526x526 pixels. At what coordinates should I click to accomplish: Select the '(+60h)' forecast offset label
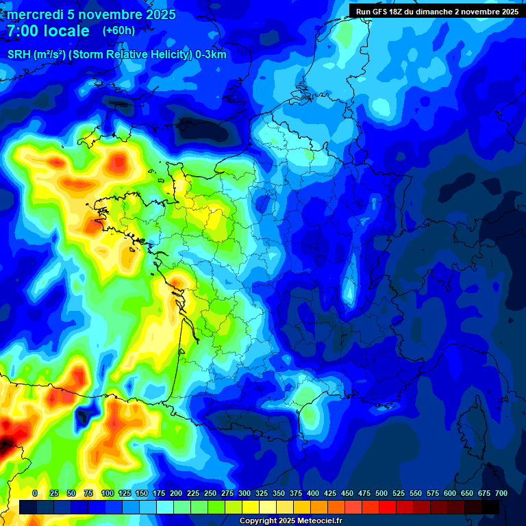click(118, 31)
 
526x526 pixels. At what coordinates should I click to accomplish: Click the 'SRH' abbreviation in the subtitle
click(18, 55)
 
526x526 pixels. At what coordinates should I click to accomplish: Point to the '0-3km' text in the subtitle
click(211, 55)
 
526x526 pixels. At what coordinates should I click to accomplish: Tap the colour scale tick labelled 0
click(35, 493)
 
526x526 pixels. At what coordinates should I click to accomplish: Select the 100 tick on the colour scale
click(108, 493)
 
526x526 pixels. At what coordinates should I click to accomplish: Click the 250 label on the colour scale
click(210, 493)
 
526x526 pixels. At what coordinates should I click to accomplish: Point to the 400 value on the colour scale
click(313, 493)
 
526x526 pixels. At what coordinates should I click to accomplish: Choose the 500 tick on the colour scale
click(381, 493)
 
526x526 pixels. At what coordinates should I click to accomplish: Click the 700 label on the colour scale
click(501, 493)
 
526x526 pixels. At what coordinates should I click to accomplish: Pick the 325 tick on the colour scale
click(262, 493)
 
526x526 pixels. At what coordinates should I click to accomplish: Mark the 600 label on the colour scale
click(450, 493)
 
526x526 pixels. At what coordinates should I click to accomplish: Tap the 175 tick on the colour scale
click(159, 493)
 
